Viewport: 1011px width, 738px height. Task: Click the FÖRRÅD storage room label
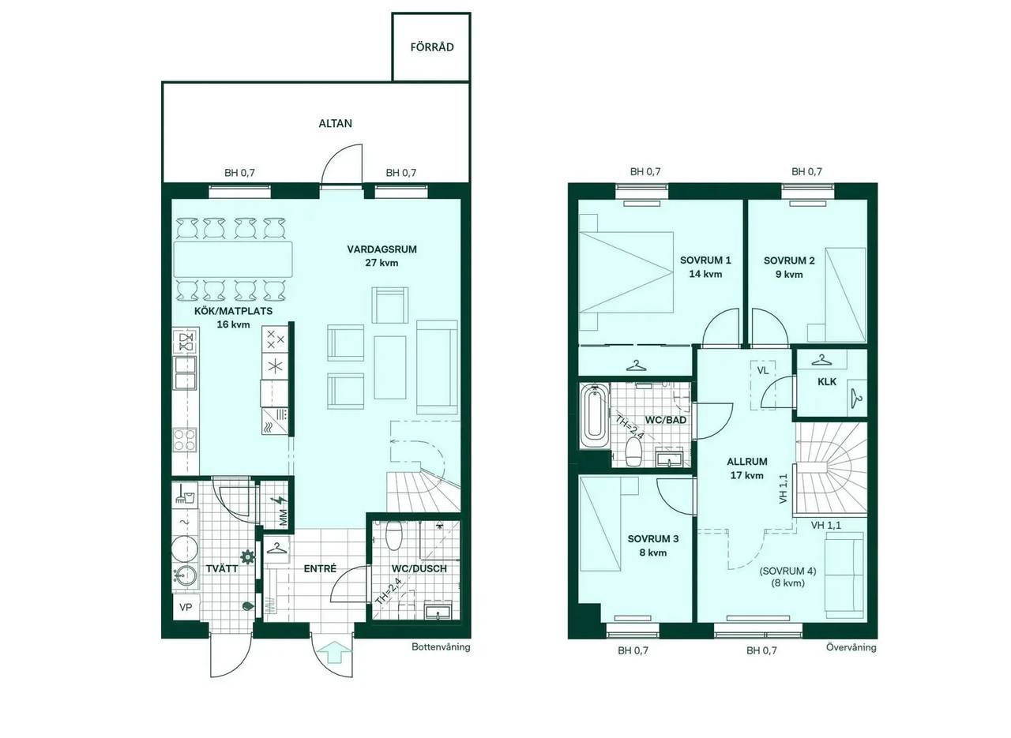(x=432, y=47)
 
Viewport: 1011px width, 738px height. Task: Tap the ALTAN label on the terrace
(x=336, y=123)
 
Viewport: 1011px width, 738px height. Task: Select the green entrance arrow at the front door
(x=333, y=653)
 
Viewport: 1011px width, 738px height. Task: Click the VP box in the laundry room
(x=186, y=607)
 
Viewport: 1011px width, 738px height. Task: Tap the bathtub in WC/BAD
(x=594, y=415)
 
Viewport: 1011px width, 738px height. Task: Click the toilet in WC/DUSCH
(x=394, y=536)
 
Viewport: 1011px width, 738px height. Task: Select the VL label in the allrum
(x=762, y=371)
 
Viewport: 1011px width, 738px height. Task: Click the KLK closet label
(x=827, y=382)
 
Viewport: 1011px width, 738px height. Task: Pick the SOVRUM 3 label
(x=652, y=538)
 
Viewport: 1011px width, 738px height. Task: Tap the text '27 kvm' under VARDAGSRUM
(x=381, y=263)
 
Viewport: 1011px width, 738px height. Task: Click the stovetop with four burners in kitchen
(x=185, y=440)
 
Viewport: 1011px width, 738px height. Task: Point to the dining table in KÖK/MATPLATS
(x=233, y=260)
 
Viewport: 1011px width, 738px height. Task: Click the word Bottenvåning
(x=441, y=647)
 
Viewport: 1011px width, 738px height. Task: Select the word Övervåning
(x=851, y=647)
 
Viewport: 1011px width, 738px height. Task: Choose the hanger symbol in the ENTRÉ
(x=276, y=549)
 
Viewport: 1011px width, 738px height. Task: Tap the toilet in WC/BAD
(x=634, y=451)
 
